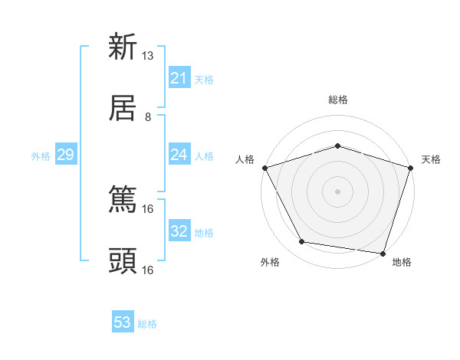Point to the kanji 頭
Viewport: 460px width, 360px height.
(x=123, y=260)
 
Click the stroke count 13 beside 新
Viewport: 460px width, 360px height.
(x=148, y=56)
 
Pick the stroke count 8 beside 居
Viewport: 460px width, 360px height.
(x=148, y=116)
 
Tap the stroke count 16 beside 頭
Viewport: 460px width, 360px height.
(x=148, y=270)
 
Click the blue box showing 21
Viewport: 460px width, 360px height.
(x=179, y=78)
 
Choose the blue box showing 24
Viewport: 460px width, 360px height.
(x=179, y=155)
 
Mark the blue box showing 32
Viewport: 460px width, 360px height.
(x=179, y=231)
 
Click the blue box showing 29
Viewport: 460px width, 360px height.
(x=65, y=155)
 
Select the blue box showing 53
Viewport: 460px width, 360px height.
(x=123, y=322)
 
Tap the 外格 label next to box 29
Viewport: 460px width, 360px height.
(x=41, y=156)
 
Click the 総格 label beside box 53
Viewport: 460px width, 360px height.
(x=147, y=324)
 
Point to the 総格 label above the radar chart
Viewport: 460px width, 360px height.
(x=337, y=100)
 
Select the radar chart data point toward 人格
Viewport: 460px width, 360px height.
(x=264, y=167)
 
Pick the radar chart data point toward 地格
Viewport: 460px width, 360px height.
(x=383, y=253)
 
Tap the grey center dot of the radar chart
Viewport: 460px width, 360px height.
(x=337, y=191)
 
